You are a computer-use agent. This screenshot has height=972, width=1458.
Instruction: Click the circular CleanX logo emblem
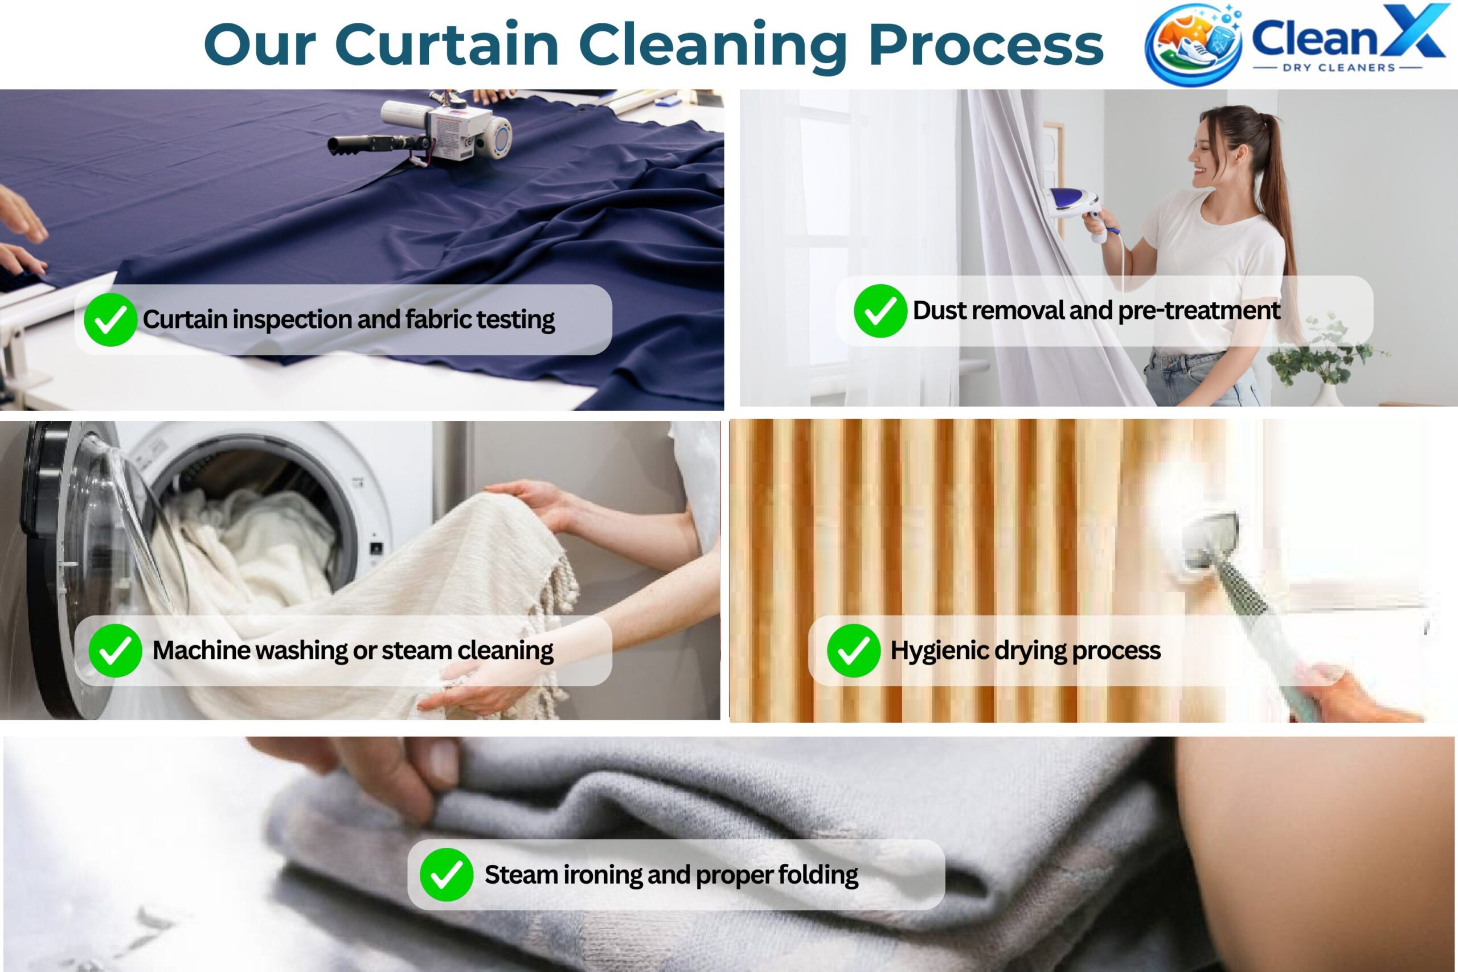pos(1193,44)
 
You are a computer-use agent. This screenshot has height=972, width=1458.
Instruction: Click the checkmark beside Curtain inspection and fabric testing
pos(110,320)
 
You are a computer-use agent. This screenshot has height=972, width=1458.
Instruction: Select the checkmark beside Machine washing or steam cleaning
pos(115,651)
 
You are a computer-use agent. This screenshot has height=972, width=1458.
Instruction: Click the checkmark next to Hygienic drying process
pos(854,650)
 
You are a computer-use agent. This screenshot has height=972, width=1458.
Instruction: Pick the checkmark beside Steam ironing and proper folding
pos(447,875)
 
